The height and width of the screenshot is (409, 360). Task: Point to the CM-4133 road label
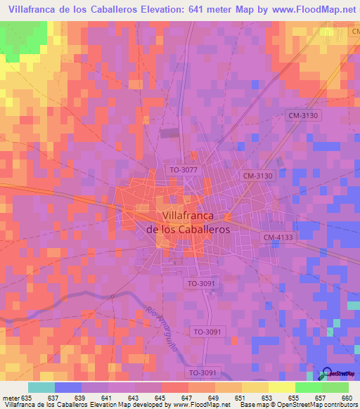click(278, 238)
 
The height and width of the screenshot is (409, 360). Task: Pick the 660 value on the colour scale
click(345, 398)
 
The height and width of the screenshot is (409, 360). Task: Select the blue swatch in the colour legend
click(67, 388)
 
